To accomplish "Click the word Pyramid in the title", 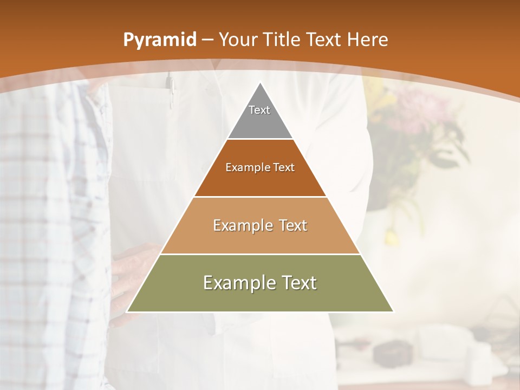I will [x=160, y=40].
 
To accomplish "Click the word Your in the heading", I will [x=236, y=40].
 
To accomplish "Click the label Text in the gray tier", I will [x=259, y=110].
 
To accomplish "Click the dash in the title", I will [x=207, y=40].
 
